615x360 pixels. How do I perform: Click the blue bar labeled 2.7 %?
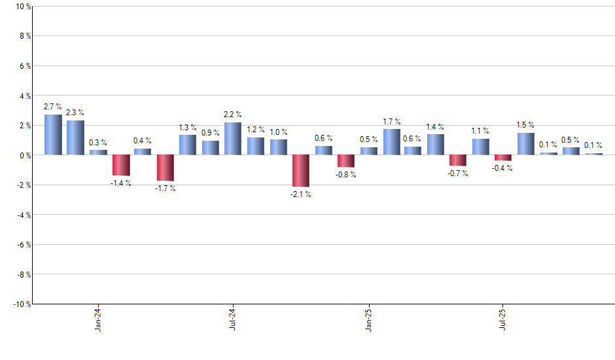tap(53, 135)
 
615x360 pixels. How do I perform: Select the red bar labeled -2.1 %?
tap(301, 171)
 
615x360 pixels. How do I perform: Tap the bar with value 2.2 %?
tap(233, 139)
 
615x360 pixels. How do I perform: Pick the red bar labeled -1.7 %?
tap(166, 168)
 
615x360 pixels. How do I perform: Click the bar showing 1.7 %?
tap(392, 142)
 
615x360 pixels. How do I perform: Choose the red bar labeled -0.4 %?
tap(503, 158)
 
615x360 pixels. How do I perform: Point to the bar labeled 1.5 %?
tap(526, 144)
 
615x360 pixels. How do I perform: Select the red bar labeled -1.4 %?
tap(121, 165)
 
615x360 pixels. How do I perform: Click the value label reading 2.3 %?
tap(75, 113)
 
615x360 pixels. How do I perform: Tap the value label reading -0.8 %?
tap(346, 175)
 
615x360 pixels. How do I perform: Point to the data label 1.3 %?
tap(188, 127)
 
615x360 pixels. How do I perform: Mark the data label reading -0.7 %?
tap(458, 173)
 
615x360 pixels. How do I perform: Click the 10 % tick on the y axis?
tap(22, 7)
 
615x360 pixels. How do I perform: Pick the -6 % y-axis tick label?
tap(22, 244)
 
